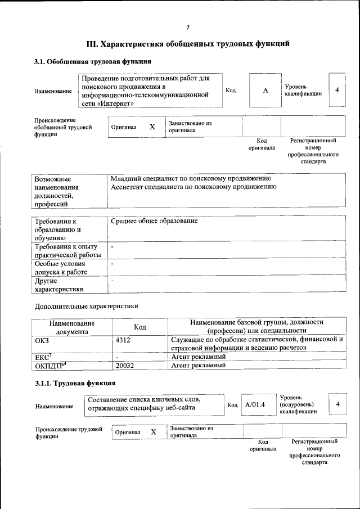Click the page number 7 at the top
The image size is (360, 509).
[188, 27]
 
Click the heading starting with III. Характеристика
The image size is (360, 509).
[188, 43]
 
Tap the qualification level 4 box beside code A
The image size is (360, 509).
[336, 90]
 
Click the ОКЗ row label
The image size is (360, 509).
[43, 340]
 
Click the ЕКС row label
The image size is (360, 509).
[43, 357]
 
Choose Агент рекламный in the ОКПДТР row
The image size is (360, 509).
[198, 365]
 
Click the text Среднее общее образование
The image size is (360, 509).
[154, 221]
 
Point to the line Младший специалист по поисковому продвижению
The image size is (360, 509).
[191, 178]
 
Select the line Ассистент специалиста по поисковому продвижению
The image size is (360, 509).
[193, 187]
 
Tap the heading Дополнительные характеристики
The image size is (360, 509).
[86, 307]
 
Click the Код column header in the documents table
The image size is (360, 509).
[140, 327]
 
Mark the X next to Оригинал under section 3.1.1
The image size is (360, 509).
[154, 431]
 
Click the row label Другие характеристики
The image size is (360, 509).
[59, 285]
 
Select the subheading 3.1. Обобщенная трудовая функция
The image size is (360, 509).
[93, 61]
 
